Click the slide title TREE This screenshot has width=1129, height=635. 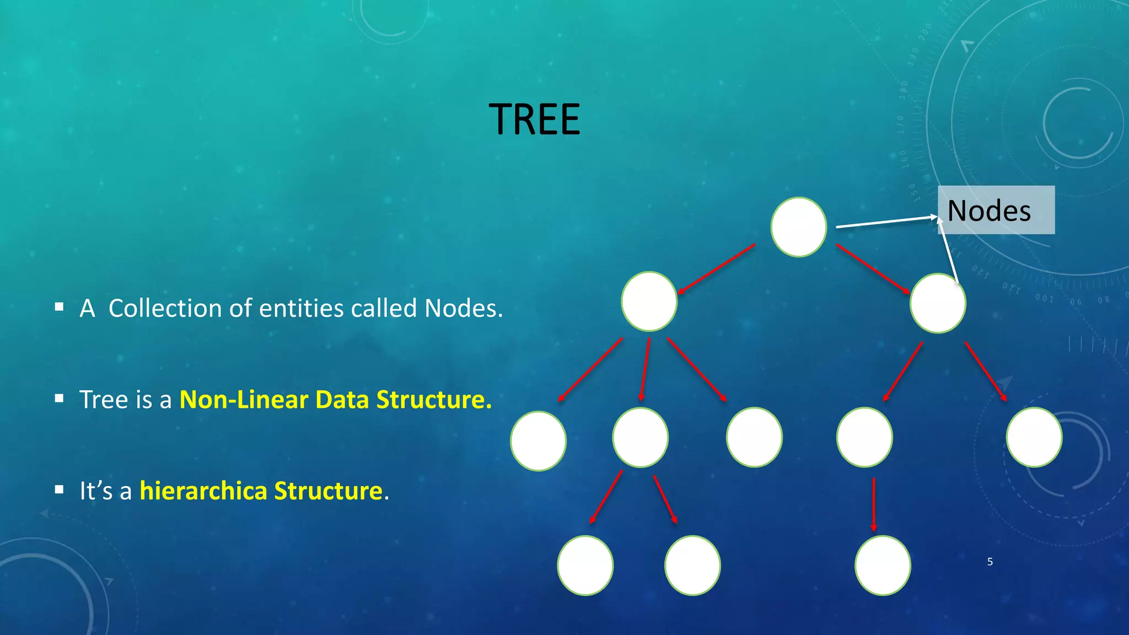(x=534, y=120)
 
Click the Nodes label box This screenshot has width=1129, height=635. (x=996, y=210)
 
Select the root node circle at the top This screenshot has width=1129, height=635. (x=798, y=227)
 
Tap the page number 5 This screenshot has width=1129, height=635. (x=990, y=562)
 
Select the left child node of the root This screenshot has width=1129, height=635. (x=649, y=301)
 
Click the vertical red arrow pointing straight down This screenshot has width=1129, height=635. (x=873, y=504)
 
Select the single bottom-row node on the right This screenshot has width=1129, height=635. (x=882, y=565)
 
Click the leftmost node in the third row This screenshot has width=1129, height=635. (x=538, y=441)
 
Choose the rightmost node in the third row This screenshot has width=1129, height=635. (x=1034, y=437)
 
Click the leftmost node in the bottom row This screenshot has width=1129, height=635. (x=585, y=565)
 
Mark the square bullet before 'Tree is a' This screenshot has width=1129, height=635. (x=60, y=398)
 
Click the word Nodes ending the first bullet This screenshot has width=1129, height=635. (x=462, y=308)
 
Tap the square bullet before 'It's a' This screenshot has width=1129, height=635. (x=60, y=489)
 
